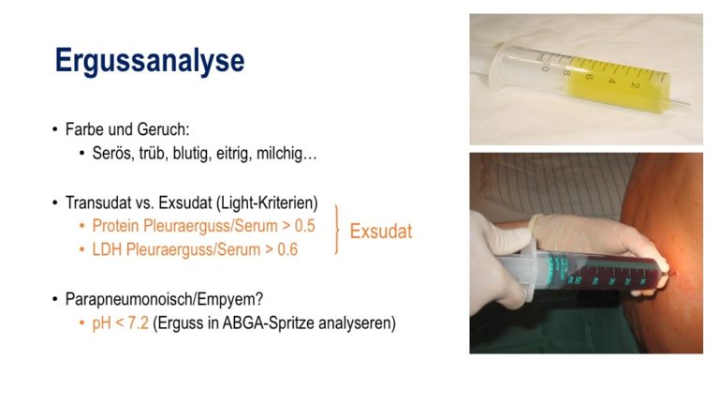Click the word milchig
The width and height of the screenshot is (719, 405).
(x=286, y=154)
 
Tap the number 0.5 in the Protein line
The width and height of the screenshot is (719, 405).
(x=305, y=226)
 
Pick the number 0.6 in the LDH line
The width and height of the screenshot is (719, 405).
(x=287, y=249)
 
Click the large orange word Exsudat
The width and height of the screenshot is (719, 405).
(x=381, y=232)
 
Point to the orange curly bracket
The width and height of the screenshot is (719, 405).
(x=337, y=230)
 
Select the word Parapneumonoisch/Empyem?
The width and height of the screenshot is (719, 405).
(x=164, y=299)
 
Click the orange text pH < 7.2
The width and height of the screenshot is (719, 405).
(x=120, y=322)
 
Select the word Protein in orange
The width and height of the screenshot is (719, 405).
(x=116, y=226)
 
